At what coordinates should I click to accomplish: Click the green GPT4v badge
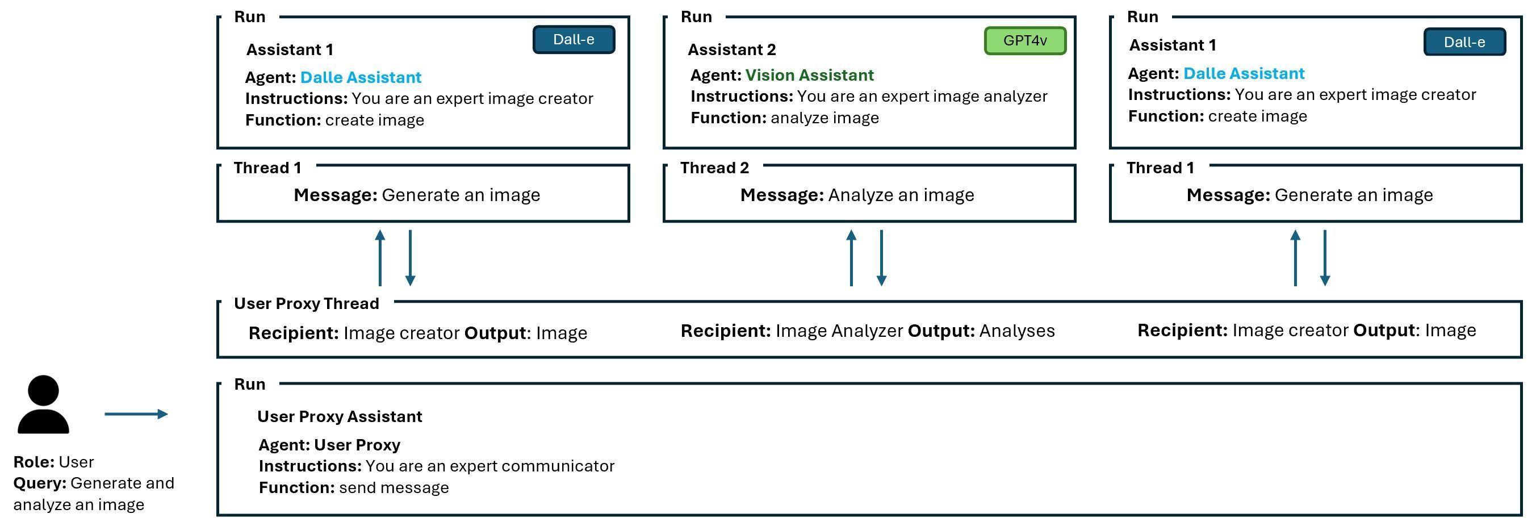pos(1024,40)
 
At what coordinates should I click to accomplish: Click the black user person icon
pos(43,404)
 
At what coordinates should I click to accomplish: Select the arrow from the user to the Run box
pos(136,414)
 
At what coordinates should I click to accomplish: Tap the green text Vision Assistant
pos(809,75)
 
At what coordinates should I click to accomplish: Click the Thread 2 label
pos(714,168)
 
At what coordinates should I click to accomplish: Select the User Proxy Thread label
pos(306,303)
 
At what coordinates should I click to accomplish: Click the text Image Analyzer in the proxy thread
pos(839,331)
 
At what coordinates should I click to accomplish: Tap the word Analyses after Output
pos(1016,331)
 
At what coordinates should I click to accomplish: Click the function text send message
pos(394,488)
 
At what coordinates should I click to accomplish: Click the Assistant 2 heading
pos(731,49)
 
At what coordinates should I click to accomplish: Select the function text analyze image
pos(824,118)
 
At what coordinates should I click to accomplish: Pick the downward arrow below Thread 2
pos(881,258)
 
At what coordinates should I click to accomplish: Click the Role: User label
pos(54,462)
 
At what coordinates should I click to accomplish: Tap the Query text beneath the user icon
pos(93,494)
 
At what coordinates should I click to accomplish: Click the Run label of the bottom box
pos(249,384)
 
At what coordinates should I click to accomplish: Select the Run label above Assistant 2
pos(696,16)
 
